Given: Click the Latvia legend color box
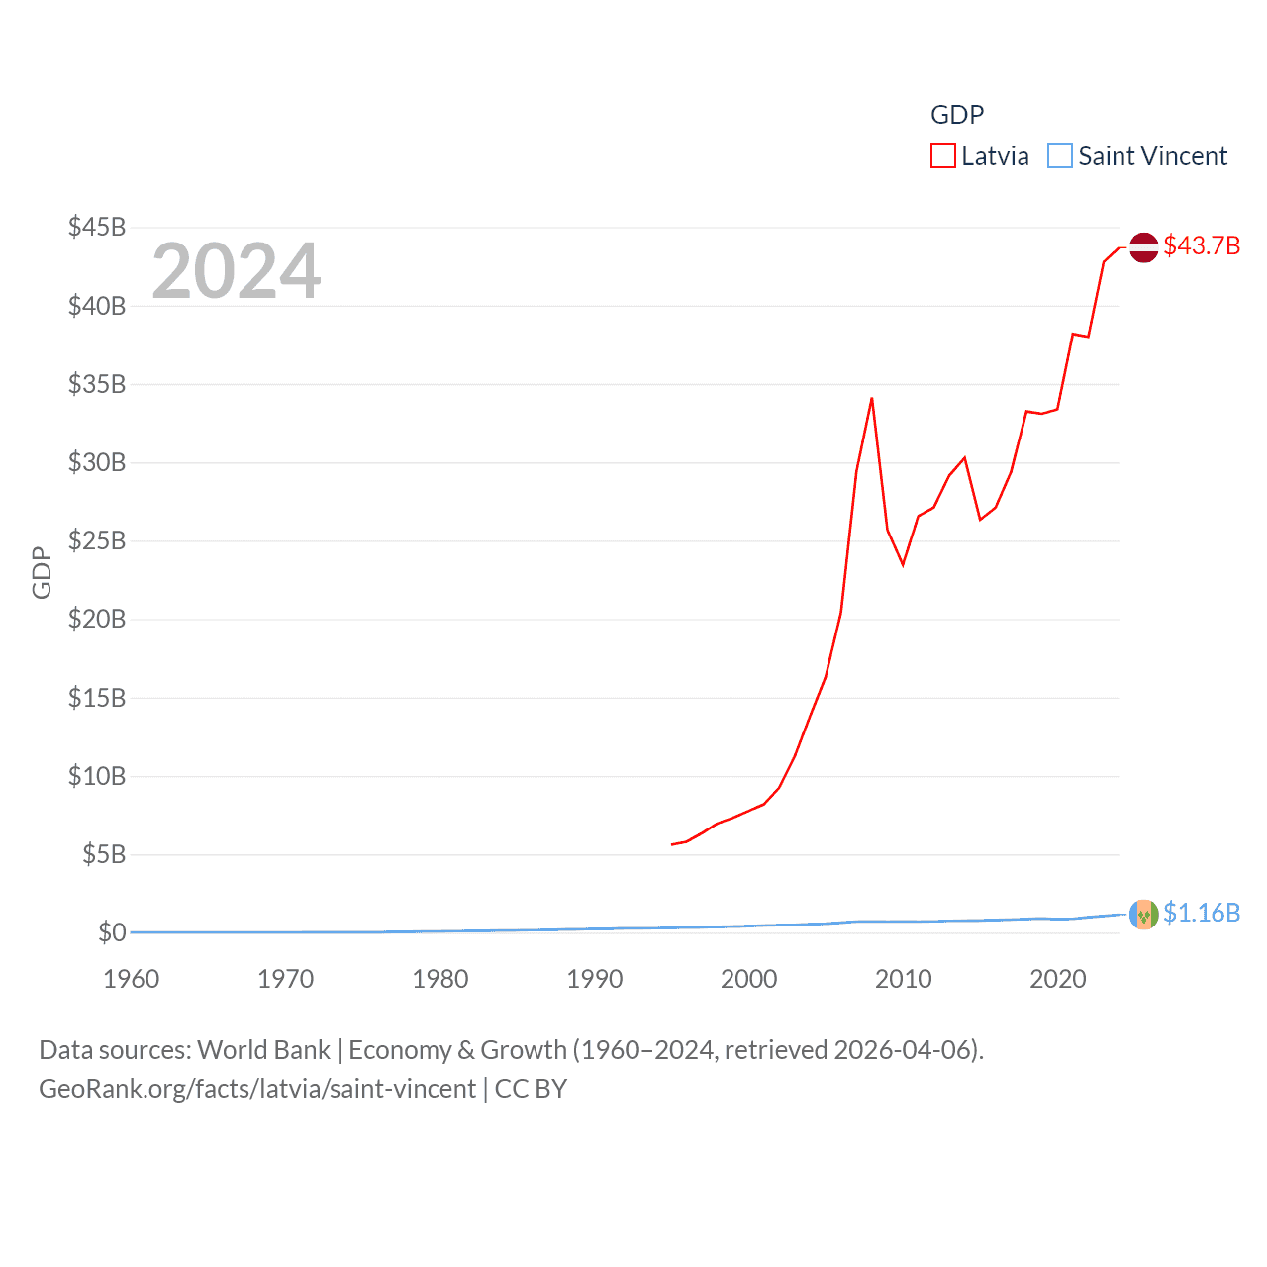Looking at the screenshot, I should pyautogui.click(x=943, y=156).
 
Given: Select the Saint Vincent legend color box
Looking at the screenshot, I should pyautogui.click(x=1060, y=156).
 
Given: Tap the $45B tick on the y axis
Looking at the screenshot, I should pyautogui.click(x=97, y=227).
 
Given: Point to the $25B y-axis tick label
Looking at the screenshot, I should pyautogui.click(x=97, y=540).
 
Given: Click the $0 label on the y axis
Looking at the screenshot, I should pyautogui.click(x=112, y=932).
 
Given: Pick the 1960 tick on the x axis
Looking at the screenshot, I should pyautogui.click(x=132, y=979).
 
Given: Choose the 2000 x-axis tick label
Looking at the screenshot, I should pyautogui.click(x=749, y=979).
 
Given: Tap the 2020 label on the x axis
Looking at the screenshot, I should pyautogui.click(x=1058, y=979).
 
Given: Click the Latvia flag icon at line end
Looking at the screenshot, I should pyautogui.click(x=1144, y=247).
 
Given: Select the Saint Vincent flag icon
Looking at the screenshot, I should pyautogui.click(x=1144, y=915).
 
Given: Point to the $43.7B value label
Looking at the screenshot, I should pyautogui.click(x=1202, y=245).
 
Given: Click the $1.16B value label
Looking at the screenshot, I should pyautogui.click(x=1202, y=913).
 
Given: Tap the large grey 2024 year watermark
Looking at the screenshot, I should pyautogui.click(x=237, y=271).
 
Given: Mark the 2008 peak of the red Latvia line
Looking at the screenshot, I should pyautogui.click(x=872, y=399).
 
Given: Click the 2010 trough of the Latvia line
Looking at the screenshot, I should pyautogui.click(x=903, y=564).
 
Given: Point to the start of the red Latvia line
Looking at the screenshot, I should pyautogui.click(x=672, y=844).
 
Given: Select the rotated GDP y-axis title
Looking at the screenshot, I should pyautogui.click(x=42, y=572).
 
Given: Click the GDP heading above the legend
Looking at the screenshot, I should pyautogui.click(x=957, y=115).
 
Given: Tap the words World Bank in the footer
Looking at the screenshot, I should pyautogui.click(x=264, y=1050).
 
